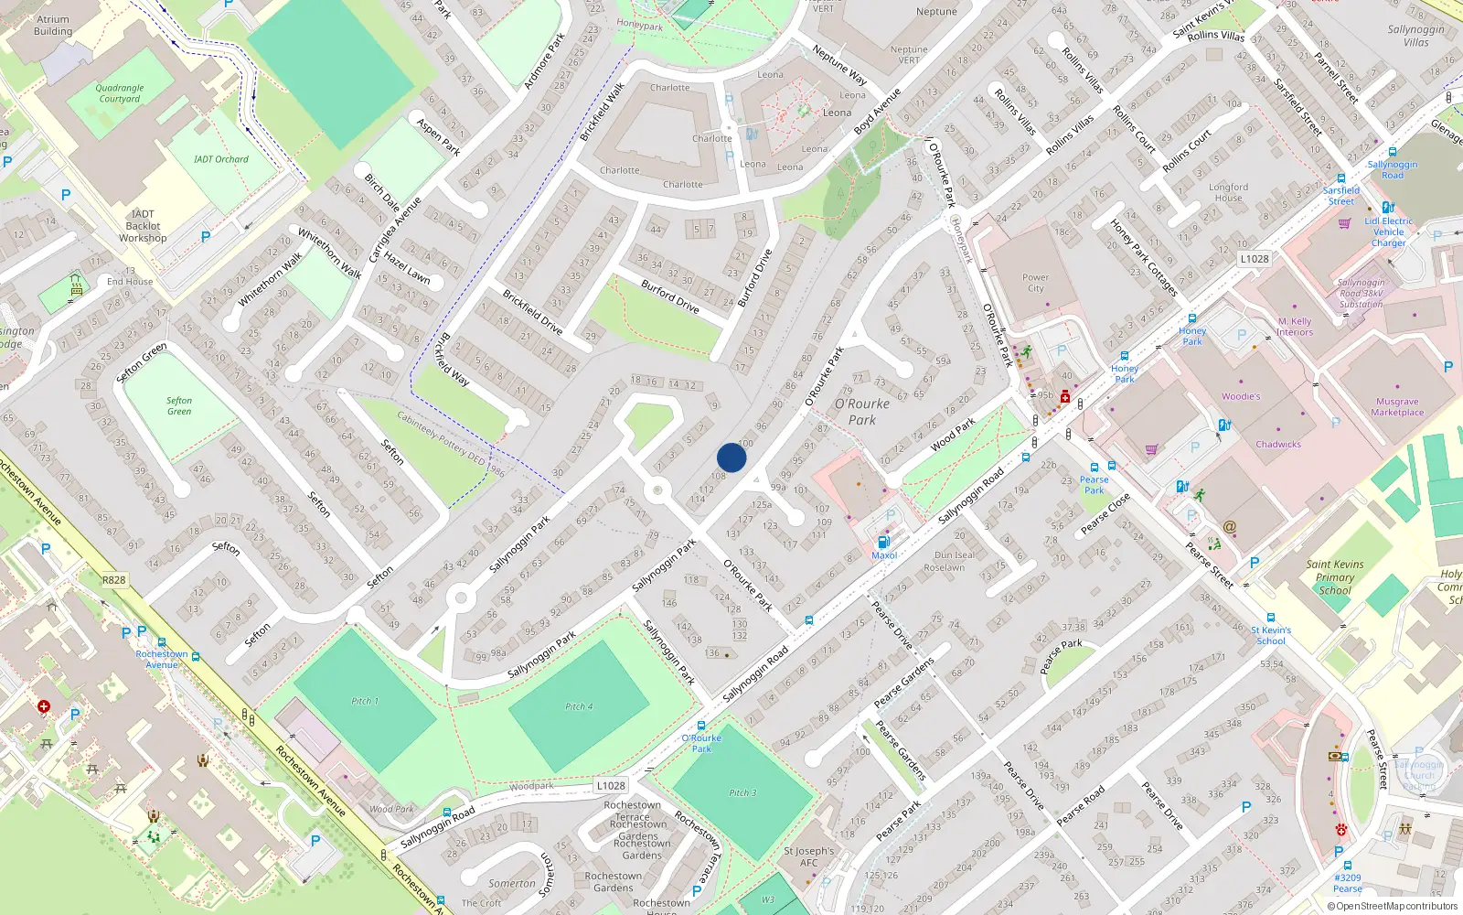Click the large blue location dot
[x=731, y=457]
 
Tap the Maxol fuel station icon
[x=883, y=542]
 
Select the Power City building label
[x=1035, y=283]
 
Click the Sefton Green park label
[x=179, y=405]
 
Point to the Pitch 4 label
[x=578, y=706]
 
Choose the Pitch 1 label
[x=364, y=701]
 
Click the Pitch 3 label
[x=742, y=792]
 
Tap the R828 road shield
[x=114, y=580]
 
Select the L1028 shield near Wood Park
[x=611, y=785]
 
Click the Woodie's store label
[x=1241, y=396]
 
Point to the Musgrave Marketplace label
[x=1397, y=407]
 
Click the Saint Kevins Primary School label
[x=1334, y=577]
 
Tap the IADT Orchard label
[x=220, y=159]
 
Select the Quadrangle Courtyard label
[x=120, y=93]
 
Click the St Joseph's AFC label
[x=808, y=856]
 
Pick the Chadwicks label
[x=1277, y=444]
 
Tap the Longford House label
[x=1228, y=192]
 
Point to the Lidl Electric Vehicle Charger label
[x=1388, y=231]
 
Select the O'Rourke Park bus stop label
[x=701, y=743]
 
